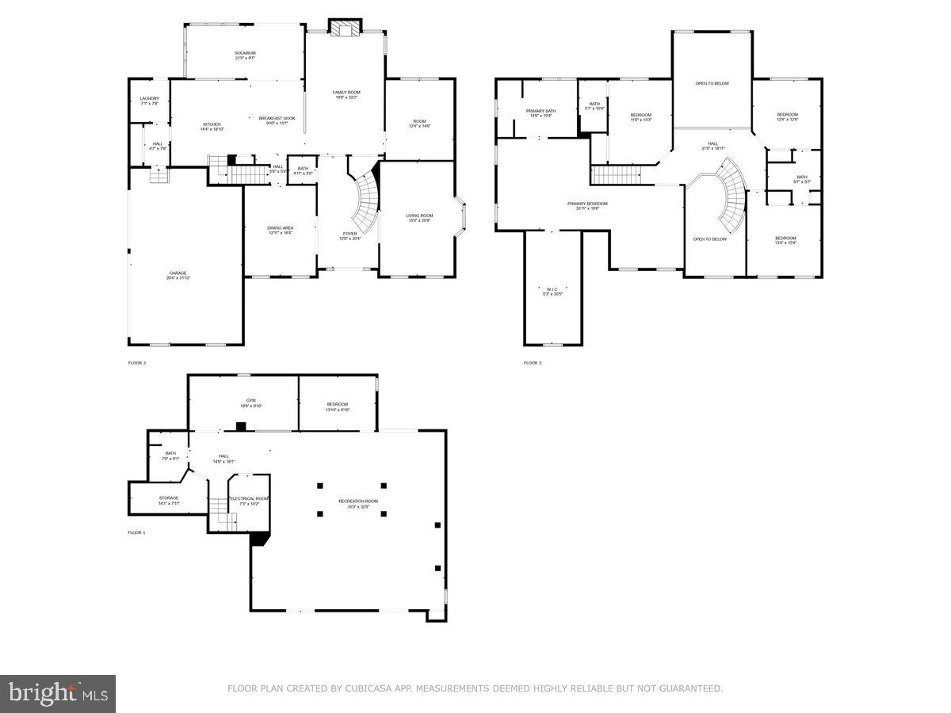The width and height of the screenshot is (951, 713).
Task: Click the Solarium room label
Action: click(245, 53)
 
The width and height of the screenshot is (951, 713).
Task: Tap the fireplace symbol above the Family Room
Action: click(345, 29)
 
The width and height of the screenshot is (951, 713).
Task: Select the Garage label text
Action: click(178, 273)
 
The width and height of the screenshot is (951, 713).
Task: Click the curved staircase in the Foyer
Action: click(366, 202)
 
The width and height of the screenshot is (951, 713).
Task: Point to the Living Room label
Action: click(419, 215)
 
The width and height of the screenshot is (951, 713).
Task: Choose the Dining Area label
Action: click(280, 228)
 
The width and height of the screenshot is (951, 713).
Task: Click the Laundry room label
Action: click(149, 99)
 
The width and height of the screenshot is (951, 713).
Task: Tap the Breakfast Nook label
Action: click(277, 119)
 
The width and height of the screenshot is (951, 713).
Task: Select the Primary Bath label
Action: click(540, 111)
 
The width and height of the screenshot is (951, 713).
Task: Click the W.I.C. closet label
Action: click(552, 288)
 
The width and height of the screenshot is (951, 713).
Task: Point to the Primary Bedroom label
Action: click(587, 204)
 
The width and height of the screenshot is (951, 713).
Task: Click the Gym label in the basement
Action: click(250, 401)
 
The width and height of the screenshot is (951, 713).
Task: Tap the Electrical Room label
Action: click(249, 498)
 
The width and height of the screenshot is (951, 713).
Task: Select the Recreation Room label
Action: click(358, 501)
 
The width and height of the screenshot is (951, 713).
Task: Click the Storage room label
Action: click(168, 498)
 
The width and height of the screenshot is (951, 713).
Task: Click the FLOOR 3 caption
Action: click(533, 363)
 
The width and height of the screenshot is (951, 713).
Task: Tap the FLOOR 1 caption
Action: click(137, 532)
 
